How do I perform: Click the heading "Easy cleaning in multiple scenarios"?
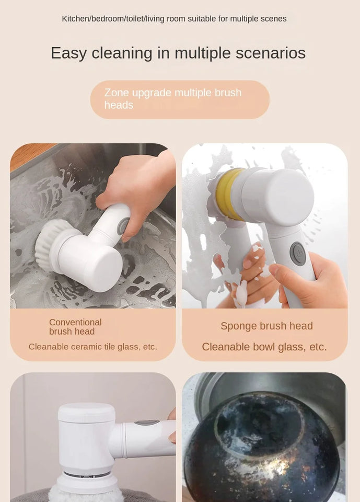[x=178, y=53]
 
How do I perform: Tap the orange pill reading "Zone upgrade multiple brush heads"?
[x=180, y=99]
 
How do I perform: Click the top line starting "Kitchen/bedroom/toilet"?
[x=174, y=19]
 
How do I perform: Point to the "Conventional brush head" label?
[x=75, y=327]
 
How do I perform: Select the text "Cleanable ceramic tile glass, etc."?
[x=93, y=347]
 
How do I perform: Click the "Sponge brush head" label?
[x=266, y=326]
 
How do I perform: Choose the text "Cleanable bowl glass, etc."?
[x=264, y=347]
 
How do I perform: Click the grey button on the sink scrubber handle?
[x=123, y=226]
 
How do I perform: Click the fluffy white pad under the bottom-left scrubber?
[x=86, y=494]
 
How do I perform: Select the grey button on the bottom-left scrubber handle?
[x=147, y=423]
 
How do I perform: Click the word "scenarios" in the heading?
[x=271, y=53]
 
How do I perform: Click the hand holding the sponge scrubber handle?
[x=313, y=280]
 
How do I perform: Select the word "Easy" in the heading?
[x=68, y=53]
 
